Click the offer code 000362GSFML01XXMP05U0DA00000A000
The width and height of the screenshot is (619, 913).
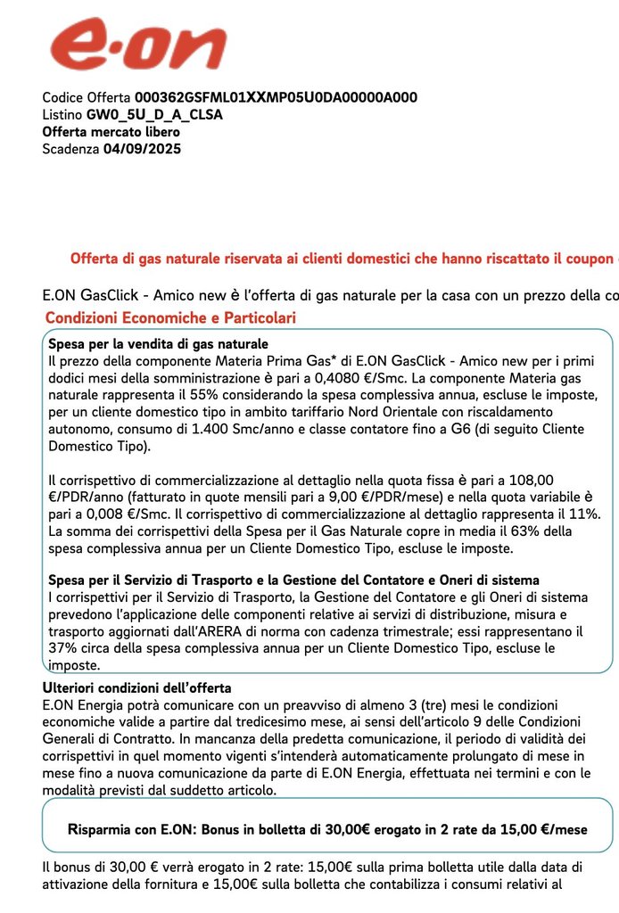coord(276,98)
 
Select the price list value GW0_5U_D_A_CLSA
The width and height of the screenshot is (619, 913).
coord(154,115)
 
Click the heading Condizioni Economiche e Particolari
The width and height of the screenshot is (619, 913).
coord(170,318)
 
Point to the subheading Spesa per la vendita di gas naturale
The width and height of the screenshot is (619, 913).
coord(159,344)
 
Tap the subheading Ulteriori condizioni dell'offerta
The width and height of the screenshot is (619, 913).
coord(137,688)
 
